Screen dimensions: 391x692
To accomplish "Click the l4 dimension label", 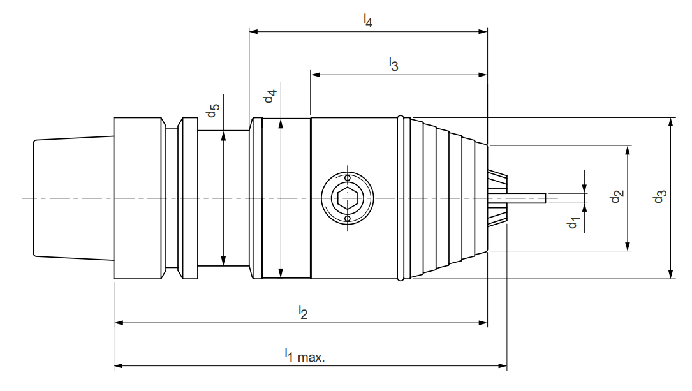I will coord(368,21).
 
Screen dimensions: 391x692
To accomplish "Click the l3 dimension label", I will coord(394,64).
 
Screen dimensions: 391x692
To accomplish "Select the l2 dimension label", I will coord(304,312).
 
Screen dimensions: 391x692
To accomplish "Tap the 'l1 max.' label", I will coord(304,355).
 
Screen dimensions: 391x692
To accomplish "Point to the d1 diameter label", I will coord(574,223).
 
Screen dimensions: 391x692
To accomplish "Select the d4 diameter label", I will coord(270,96).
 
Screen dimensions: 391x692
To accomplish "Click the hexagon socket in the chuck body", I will coord(347,198).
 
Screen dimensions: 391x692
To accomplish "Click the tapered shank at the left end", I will coord(72,198).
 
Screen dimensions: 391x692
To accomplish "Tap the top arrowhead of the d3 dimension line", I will coord(671,122).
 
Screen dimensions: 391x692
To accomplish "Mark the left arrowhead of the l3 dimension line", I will coord(314,74).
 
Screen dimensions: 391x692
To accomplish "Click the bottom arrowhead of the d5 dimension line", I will coord(223,262).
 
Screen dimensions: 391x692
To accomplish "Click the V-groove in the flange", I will coord(172,198).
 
